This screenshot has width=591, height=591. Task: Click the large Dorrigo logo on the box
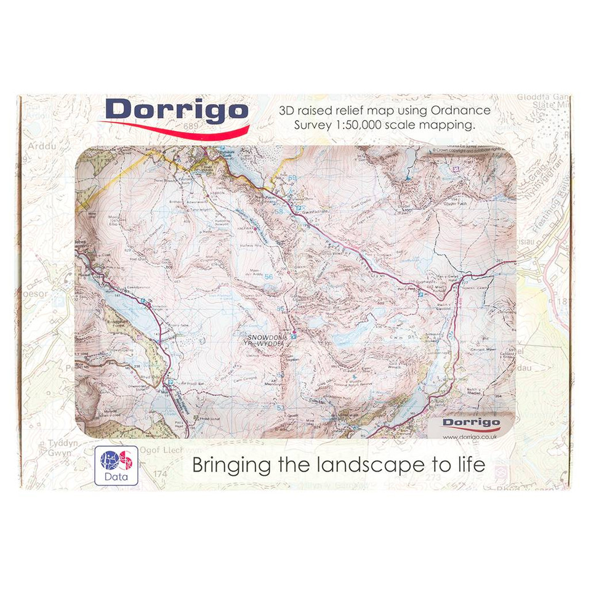[177, 113]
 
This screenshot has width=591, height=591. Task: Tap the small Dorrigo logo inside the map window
[471, 422]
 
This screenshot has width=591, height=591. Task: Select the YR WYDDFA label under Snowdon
[266, 345]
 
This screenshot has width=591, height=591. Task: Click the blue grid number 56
[268, 277]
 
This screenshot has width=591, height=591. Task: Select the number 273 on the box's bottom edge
[433, 477]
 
